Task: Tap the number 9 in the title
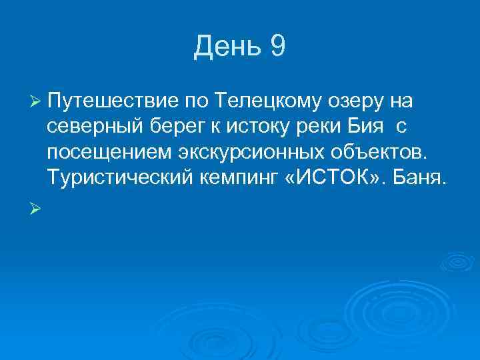pos(278,47)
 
